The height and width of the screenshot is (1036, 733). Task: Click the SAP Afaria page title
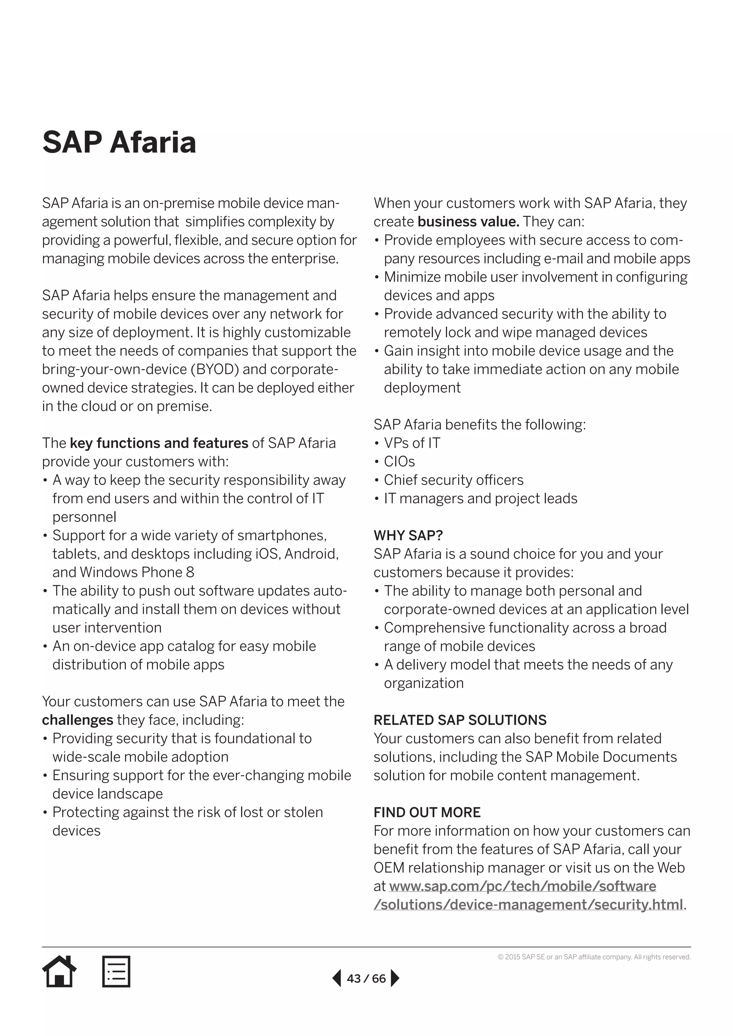tap(119, 142)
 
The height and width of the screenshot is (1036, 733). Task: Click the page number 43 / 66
tap(366, 978)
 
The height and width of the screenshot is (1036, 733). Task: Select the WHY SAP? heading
tap(408, 535)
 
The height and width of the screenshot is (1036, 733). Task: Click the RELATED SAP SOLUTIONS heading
tap(460, 720)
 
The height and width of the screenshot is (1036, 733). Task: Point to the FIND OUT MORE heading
tap(427, 812)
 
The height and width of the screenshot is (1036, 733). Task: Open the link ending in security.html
tap(528, 905)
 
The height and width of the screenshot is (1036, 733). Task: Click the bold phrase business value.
tap(469, 221)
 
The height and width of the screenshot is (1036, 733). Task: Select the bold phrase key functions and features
tap(159, 443)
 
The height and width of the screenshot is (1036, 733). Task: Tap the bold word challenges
tap(78, 720)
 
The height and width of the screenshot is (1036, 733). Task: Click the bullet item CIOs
tap(399, 461)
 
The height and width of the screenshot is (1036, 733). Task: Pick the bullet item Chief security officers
tap(453, 480)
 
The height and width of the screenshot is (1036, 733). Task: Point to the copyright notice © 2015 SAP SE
tap(594, 957)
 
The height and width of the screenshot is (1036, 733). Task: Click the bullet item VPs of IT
tap(412, 443)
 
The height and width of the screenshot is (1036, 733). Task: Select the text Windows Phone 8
tap(137, 572)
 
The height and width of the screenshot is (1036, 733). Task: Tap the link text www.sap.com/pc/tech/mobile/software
tap(523, 886)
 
